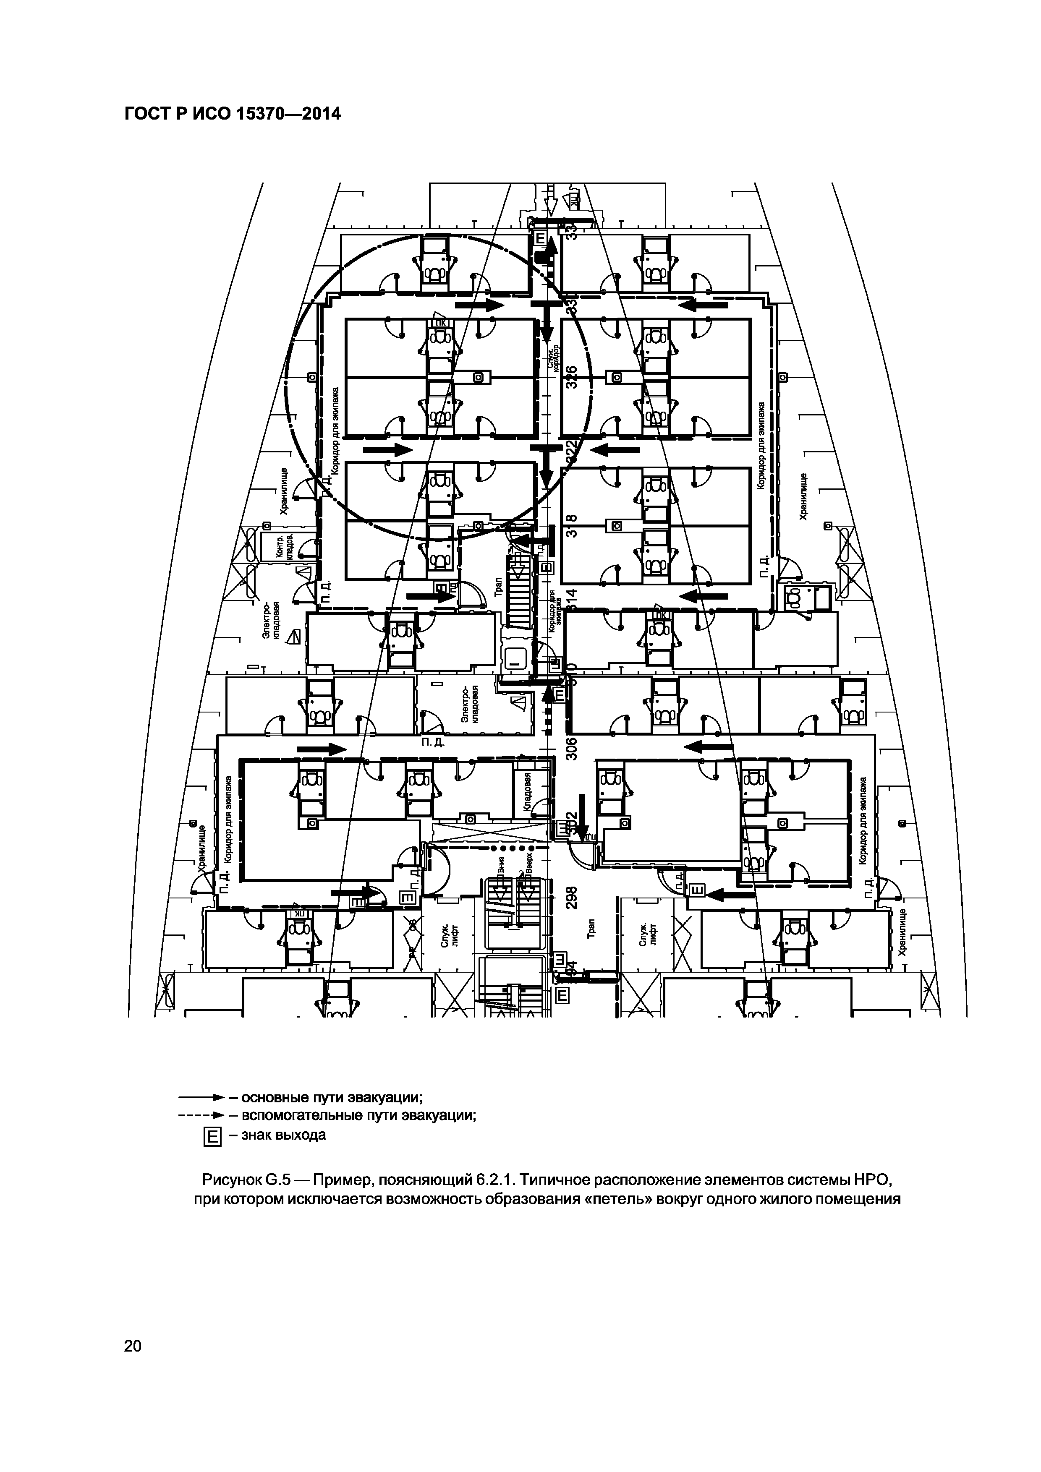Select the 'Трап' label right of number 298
pyautogui.click(x=591, y=929)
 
